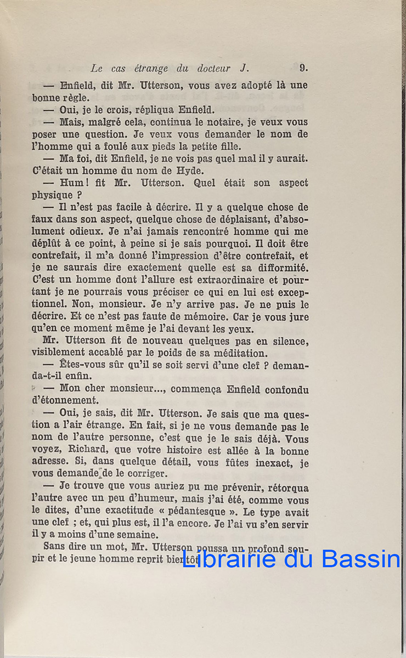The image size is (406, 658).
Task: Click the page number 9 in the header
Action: click(x=303, y=69)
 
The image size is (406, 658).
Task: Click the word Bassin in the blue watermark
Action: click(x=364, y=560)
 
